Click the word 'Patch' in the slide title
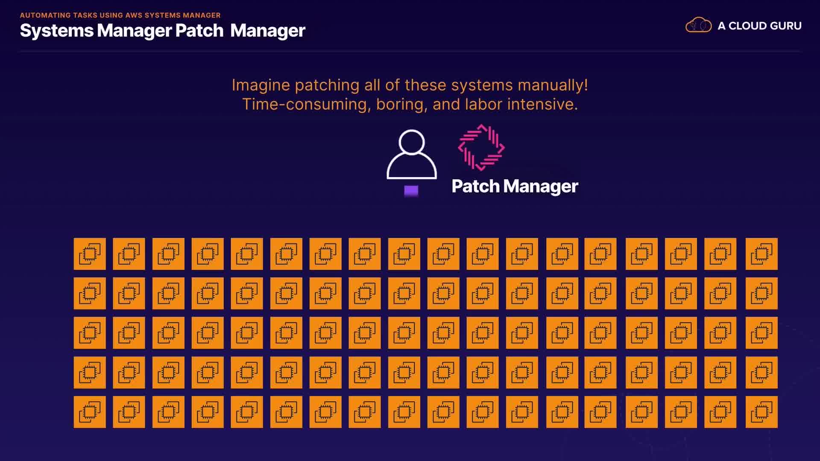[199, 31]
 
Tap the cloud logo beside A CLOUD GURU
[698, 25]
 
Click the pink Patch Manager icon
[481, 148]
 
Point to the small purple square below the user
[411, 191]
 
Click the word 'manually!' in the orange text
[553, 85]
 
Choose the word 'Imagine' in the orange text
[261, 85]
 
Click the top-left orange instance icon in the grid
[90, 254]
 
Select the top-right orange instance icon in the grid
[761, 254]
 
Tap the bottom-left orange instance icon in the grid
[90, 412]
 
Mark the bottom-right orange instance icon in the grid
[761, 412]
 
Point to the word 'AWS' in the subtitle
[134, 15]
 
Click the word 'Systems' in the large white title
[56, 31]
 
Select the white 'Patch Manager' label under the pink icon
[515, 187]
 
